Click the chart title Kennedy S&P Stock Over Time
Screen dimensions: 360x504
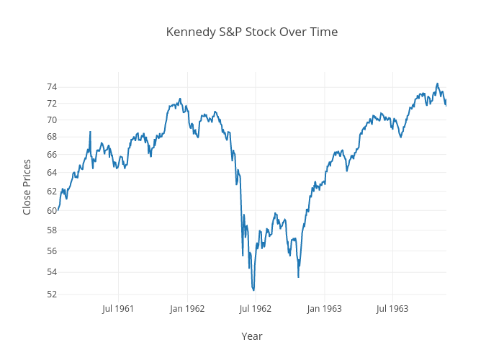coord(252,32)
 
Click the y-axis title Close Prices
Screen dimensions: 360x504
coord(27,186)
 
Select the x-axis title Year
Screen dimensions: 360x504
coord(252,336)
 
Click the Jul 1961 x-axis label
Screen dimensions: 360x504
coord(118,309)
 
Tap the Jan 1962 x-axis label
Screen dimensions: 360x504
coord(187,309)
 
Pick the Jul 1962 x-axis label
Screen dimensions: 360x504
coord(255,309)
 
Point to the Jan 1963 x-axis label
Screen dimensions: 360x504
coord(324,309)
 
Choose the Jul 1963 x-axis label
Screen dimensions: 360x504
coord(392,309)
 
